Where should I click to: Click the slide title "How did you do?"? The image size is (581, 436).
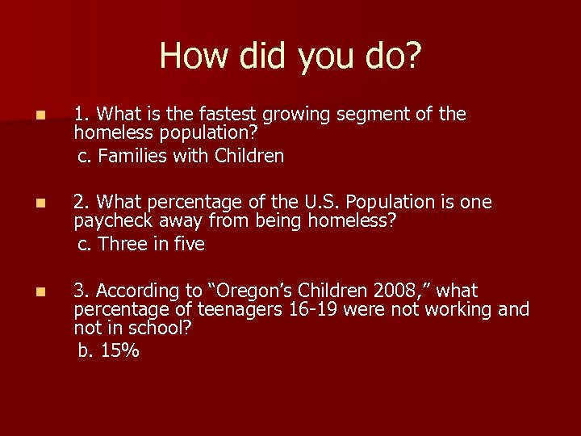tap(290, 56)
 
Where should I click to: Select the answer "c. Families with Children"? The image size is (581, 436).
tap(181, 156)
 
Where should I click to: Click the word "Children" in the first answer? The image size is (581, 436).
tap(249, 156)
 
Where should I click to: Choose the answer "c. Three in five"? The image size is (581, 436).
tap(141, 244)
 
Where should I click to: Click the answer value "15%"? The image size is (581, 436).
tap(120, 350)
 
